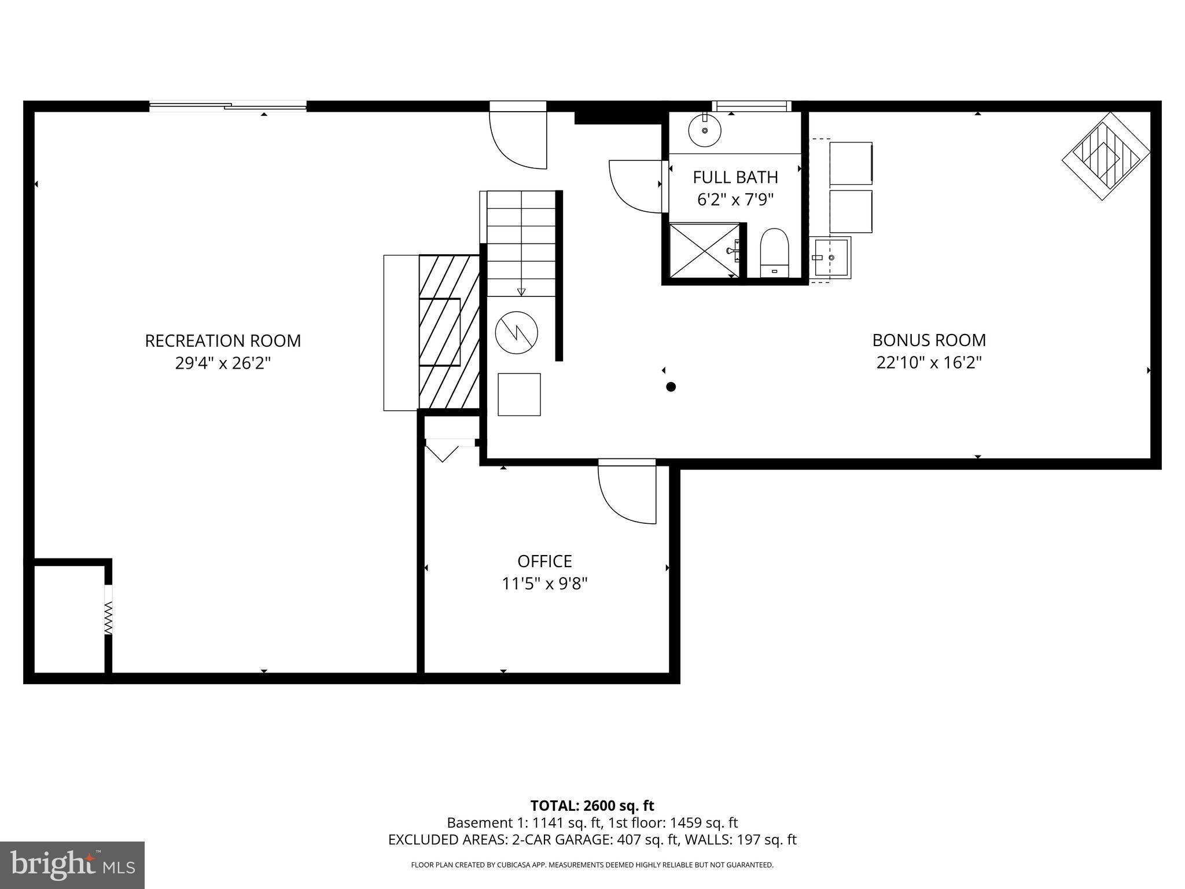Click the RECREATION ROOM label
pyautogui.click(x=223, y=340)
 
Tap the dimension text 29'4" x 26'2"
pyautogui.click(x=223, y=363)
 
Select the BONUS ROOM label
pyautogui.click(x=929, y=340)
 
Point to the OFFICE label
pyautogui.click(x=544, y=561)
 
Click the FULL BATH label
pyautogui.click(x=735, y=177)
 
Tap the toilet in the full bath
pyautogui.click(x=774, y=254)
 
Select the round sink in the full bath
pyautogui.click(x=705, y=130)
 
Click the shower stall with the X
pyautogui.click(x=704, y=251)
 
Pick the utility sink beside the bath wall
pyautogui.click(x=831, y=257)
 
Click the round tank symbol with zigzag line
pyautogui.click(x=517, y=332)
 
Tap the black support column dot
pyautogui.click(x=671, y=387)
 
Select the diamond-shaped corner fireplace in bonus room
pyautogui.click(x=1105, y=156)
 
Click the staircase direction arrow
pyautogui.click(x=521, y=291)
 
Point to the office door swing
pyautogui.click(x=625, y=495)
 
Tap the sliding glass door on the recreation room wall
pyautogui.click(x=228, y=106)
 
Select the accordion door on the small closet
pyautogui.click(x=108, y=616)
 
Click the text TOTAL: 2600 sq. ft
pyautogui.click(x=592, y=806)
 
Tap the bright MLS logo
pyautogui.click(x=72, y=865)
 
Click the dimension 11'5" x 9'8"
pyautogui.click(x=544, y=584)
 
